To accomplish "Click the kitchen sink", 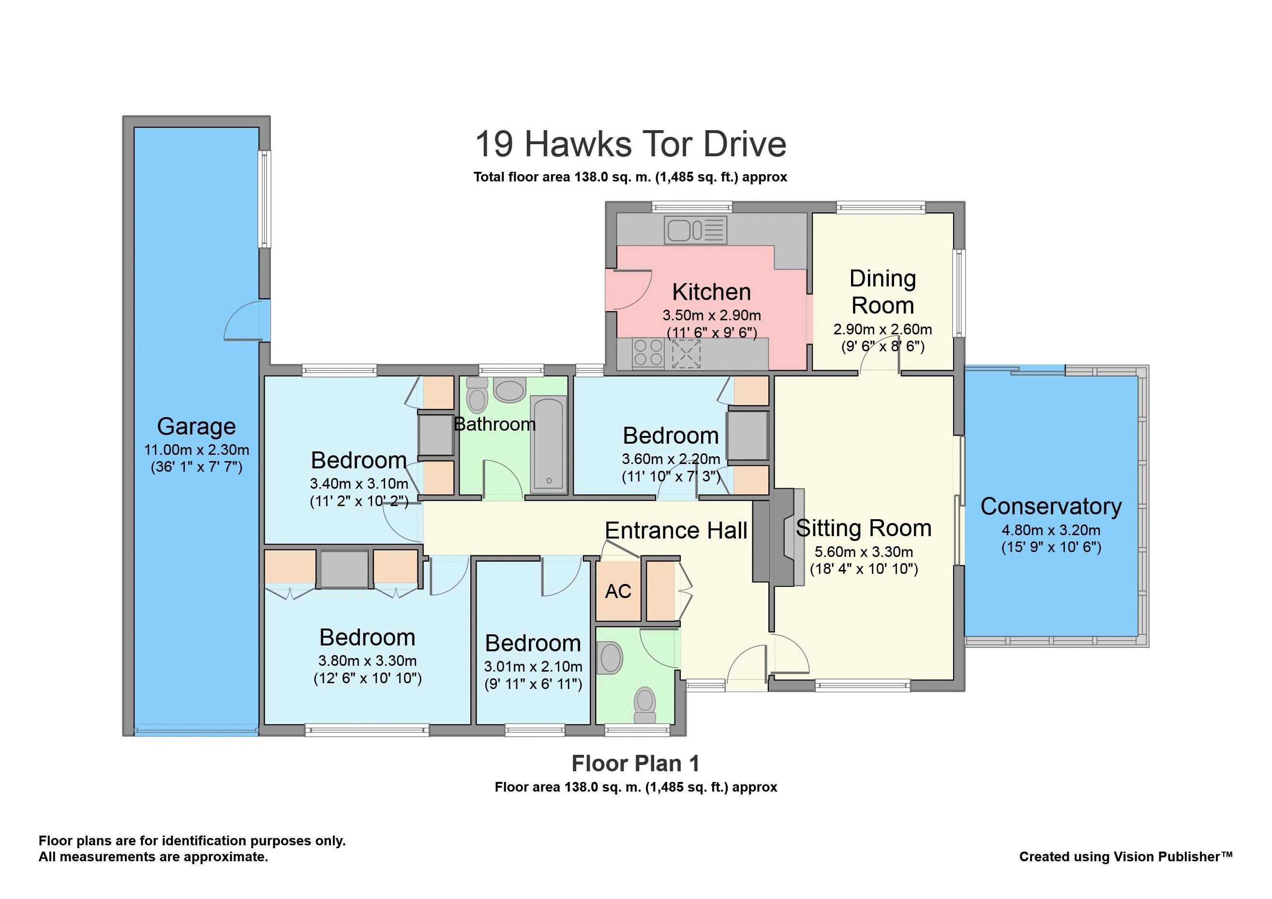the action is [x=696, y=230].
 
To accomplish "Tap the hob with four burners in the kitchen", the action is [x=648, y=353].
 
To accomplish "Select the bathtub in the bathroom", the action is [x=549, y=444].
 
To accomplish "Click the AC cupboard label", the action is [x=618, y=592].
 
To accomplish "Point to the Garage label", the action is [x=196, y=426].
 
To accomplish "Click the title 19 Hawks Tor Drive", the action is [x=630, y=144].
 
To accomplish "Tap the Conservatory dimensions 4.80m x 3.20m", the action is [x=1051, y=530].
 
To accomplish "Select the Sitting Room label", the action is [x=864, y=528].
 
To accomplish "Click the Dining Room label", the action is [x=883, y=292].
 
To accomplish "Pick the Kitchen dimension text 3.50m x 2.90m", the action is [x=712, y=316].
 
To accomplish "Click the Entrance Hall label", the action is [x=676, y=531].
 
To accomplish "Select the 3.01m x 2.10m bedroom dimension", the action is [x=533, y=667].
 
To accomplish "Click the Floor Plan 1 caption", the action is [x=635, y=764].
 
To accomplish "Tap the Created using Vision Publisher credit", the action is [x=1126, y=856].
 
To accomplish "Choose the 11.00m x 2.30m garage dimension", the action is [x=196, y=450].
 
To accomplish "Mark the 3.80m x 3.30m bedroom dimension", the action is [x=367, y=661].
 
